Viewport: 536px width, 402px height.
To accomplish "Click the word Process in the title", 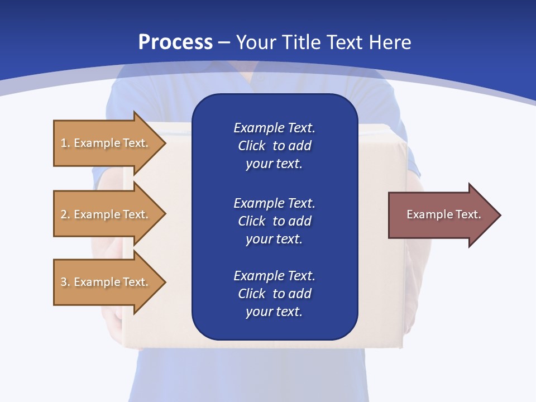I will coord(175,42).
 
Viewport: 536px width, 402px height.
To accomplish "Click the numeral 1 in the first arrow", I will coord(64,143).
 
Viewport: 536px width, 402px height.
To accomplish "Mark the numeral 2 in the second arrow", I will coord(64,214).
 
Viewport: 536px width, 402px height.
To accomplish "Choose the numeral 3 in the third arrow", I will coord(64,282).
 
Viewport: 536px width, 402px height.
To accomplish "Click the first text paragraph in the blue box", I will coord(274,146).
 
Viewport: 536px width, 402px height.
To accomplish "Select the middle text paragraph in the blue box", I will coord(274,221).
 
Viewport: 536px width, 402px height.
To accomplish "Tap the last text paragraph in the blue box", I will coord(274,294).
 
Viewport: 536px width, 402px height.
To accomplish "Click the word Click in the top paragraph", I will coord(251,146).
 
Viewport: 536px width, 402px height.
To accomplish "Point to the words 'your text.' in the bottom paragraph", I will coord(274,312).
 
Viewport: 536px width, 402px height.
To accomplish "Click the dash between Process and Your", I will coord(224,42).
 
